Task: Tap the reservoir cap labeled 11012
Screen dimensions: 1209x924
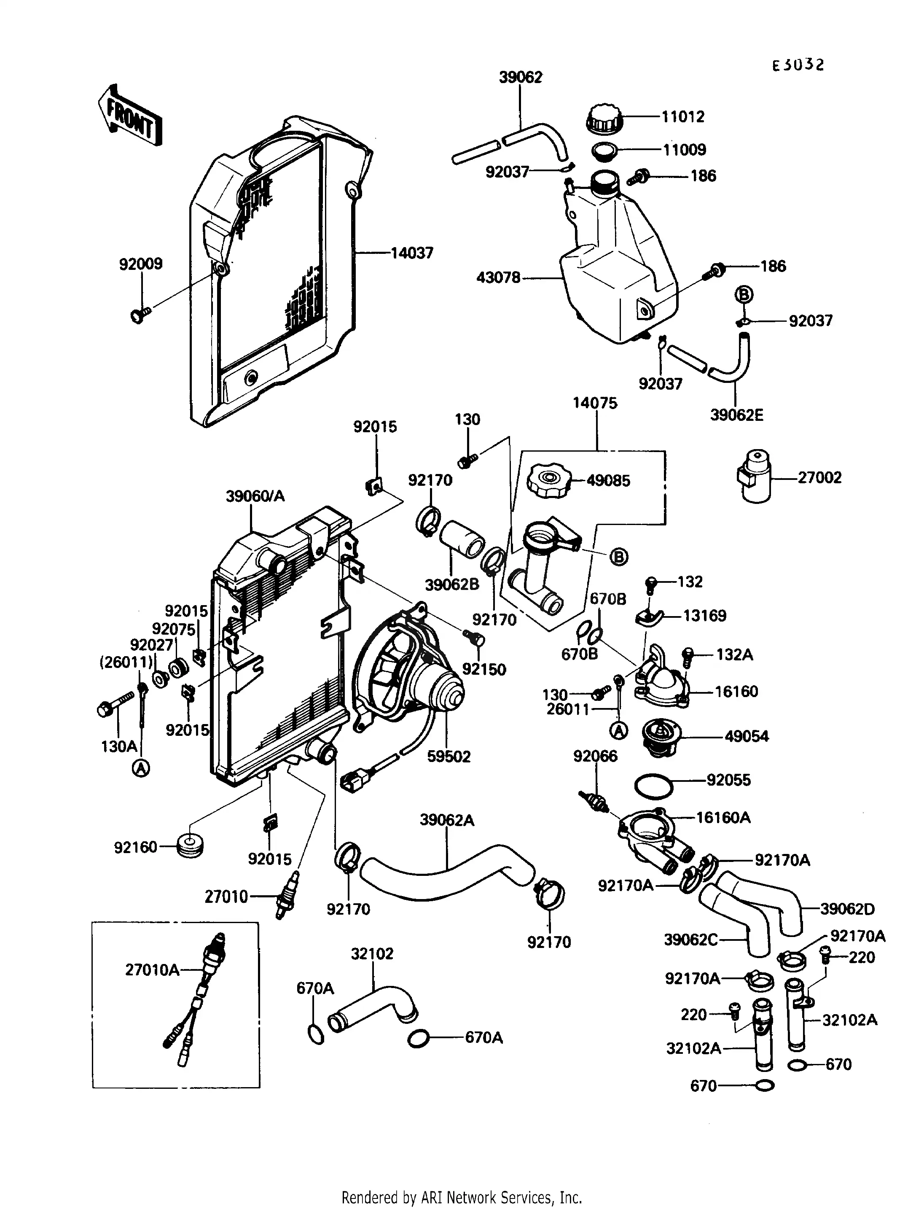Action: [604, 118]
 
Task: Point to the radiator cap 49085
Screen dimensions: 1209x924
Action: [548, 480]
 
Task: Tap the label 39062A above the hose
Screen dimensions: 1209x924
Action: [446, 820]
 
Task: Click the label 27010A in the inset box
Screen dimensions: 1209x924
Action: [152, 969]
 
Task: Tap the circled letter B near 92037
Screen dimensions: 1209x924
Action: [743, 295]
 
